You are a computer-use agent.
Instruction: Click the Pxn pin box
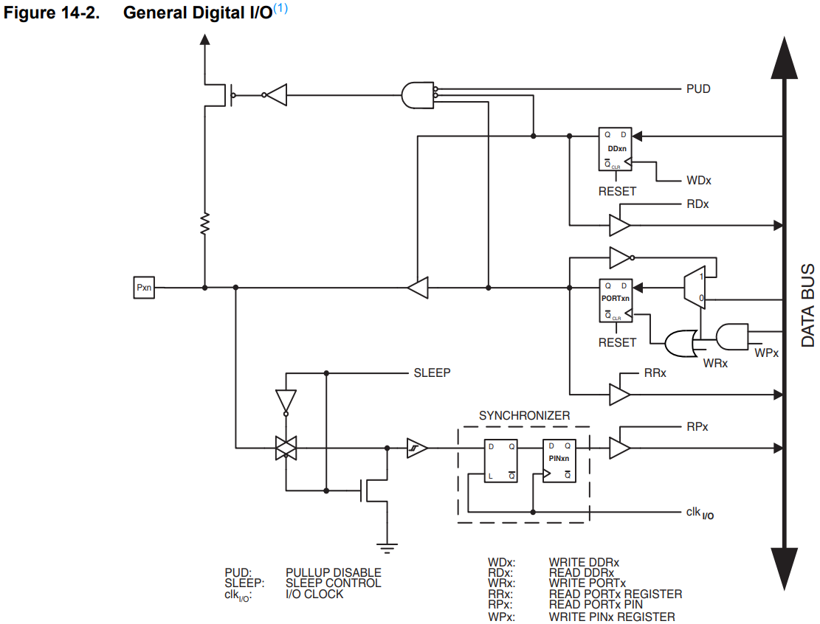(144, 288)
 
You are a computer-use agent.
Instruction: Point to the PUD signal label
(697, 89)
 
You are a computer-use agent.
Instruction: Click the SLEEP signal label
(432, 373)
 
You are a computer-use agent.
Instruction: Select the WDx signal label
(698, 180)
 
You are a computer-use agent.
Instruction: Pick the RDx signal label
(697, 204)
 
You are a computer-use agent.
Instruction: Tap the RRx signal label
(655, 374)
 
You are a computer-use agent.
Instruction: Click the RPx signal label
(697, 427)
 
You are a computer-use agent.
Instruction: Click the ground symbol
(384, 547)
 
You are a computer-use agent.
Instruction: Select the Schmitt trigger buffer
(417, 448)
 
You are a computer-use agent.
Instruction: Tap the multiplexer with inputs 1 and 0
(695, 287)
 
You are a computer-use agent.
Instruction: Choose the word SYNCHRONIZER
(524, 416)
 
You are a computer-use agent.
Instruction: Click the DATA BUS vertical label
(807, 305)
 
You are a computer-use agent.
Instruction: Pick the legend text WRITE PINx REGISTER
(611, 617)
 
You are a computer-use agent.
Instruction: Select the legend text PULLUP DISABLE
(333, 572)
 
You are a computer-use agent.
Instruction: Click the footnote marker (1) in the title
(280, 10)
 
